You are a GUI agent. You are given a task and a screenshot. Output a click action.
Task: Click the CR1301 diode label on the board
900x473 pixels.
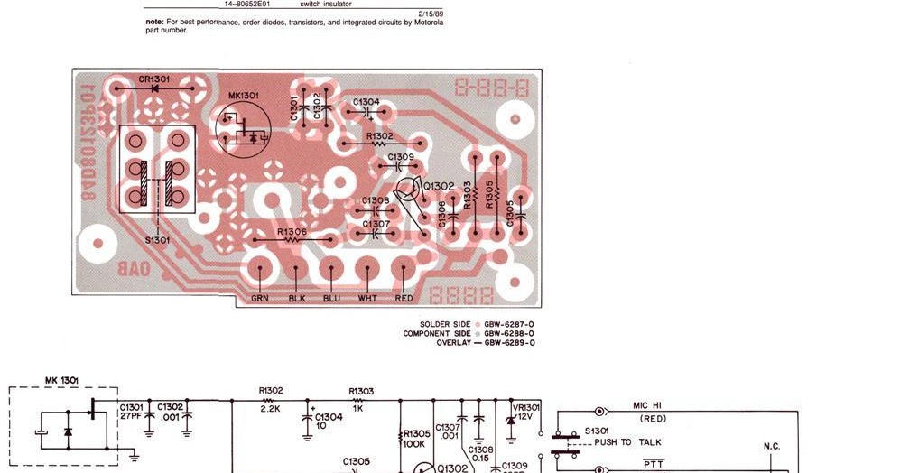click(153, 79)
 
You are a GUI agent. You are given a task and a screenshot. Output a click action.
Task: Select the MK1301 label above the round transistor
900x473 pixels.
click(244, 95)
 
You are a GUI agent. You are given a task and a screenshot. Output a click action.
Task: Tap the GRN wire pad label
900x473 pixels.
click(260, 298)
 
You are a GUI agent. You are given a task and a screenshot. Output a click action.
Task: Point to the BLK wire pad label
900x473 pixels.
click(297, 298)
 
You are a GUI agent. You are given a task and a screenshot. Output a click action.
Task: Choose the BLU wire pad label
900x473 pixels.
click(331, 298)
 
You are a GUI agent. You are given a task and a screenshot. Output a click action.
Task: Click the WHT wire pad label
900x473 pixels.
click(367, 298)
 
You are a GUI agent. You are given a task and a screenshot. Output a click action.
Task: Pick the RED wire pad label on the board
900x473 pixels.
click(404, 298)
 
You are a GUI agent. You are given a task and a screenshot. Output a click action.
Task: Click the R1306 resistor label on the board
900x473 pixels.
click(292, 232)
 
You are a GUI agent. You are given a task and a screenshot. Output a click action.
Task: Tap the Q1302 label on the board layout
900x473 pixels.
click(440, 187)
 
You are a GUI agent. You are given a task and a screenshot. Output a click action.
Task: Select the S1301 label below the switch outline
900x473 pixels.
click(157, 240)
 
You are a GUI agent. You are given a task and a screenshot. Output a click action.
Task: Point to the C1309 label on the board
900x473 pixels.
click(401, 157)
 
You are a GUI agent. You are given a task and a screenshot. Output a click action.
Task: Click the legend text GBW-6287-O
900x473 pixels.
click(510, 324)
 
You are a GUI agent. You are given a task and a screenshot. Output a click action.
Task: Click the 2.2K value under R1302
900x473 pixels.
click(271, 409)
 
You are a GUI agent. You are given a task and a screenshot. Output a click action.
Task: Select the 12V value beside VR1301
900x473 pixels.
click(525, 417)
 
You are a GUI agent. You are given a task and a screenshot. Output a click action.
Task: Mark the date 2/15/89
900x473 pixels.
click(431, 14)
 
